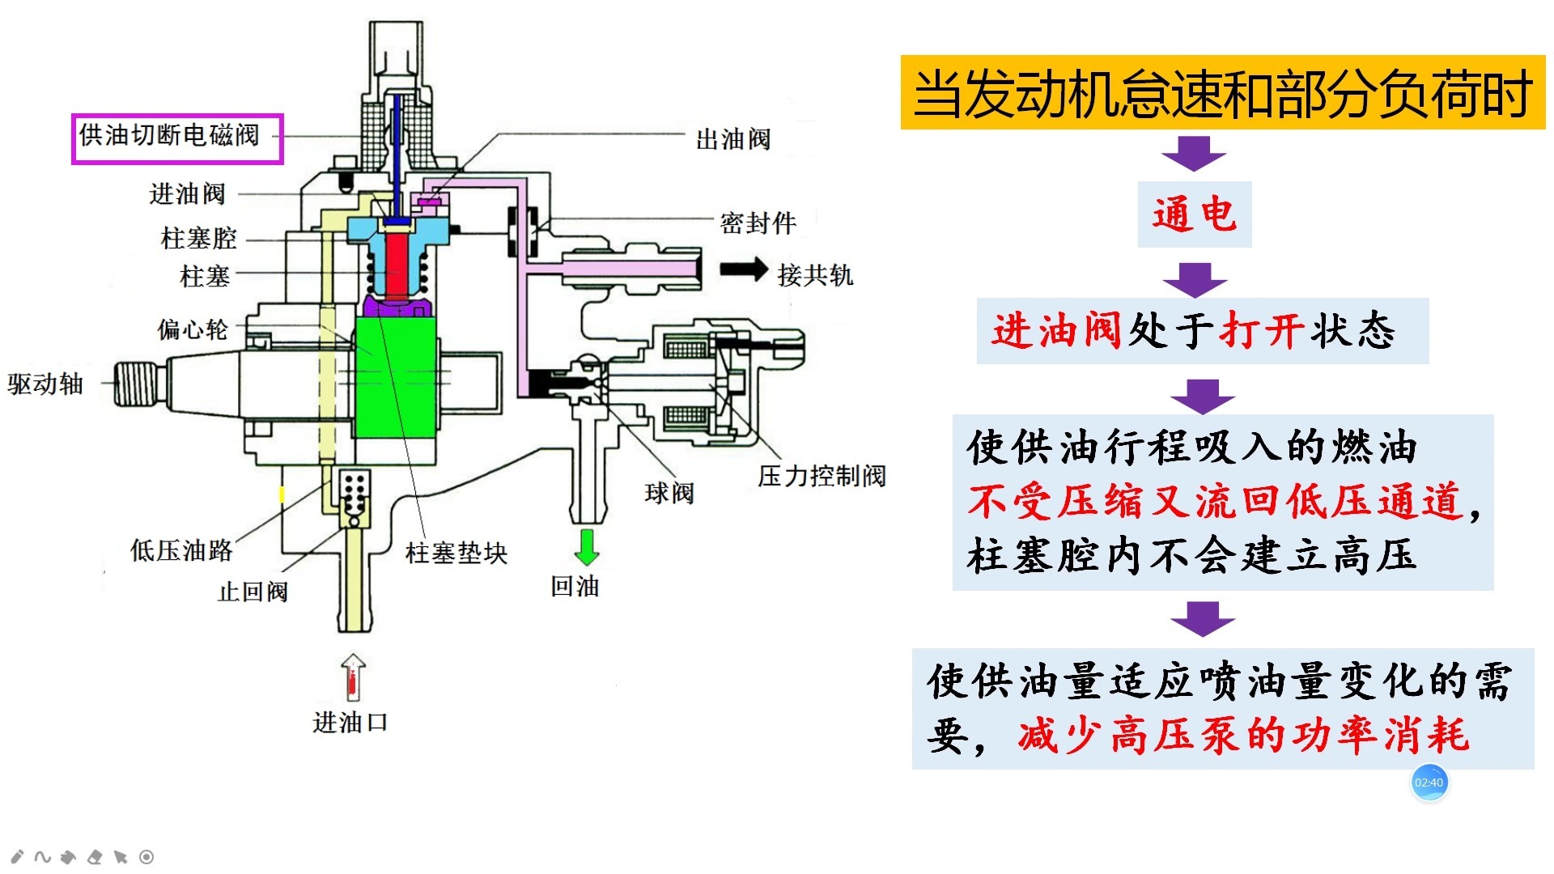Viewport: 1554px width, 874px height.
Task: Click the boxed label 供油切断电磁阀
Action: [176, 138]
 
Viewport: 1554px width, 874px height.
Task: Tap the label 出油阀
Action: [733, 139]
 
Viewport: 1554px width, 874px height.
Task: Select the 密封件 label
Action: [758, 223]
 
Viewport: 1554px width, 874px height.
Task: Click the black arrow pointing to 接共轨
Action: [743, 270]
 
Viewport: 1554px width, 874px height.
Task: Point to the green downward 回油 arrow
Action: [587, 547]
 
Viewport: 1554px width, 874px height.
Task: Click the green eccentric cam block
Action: [396, 377]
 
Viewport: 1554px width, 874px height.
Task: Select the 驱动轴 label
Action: [45, 384]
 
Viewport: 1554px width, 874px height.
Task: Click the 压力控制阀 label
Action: [822, 476]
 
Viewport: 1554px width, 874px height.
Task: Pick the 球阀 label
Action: [669, 493]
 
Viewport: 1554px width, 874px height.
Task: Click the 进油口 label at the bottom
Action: [350, 722]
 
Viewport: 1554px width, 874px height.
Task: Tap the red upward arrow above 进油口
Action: [353, 677]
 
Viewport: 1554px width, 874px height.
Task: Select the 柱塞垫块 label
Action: [456, 554]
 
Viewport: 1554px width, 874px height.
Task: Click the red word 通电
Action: [1194, 214]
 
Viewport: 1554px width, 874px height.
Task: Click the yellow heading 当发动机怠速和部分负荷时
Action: [1222, 93]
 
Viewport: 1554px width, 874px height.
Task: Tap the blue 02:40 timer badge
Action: [1429, 783]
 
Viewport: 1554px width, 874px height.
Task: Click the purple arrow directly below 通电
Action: [1195, 279]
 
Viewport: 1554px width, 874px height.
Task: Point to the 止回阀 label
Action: [253, 592]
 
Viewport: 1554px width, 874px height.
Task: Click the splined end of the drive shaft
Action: [136, 384]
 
